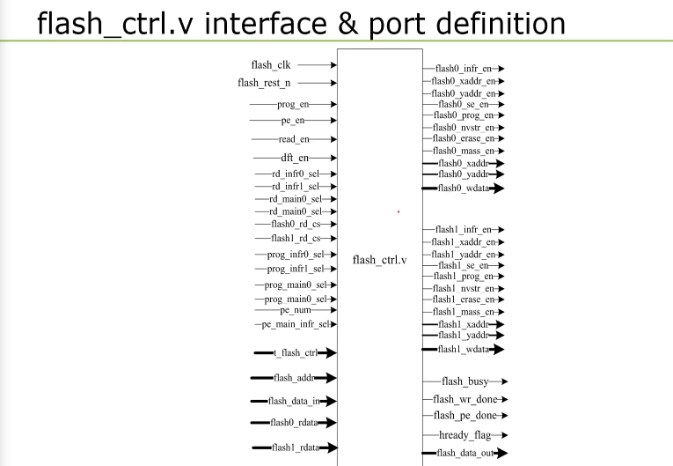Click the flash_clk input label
[270, 64]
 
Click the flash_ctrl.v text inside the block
[380, 260]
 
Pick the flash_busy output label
[465, 381]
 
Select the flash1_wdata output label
[462, 349]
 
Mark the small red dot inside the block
[399, 211]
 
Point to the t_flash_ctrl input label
[295, 353]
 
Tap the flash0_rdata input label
[294, 423]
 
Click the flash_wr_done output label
[465, 400]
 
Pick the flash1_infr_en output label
[462, 230]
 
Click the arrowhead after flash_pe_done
[504, 415]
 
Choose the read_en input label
[294, 139]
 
